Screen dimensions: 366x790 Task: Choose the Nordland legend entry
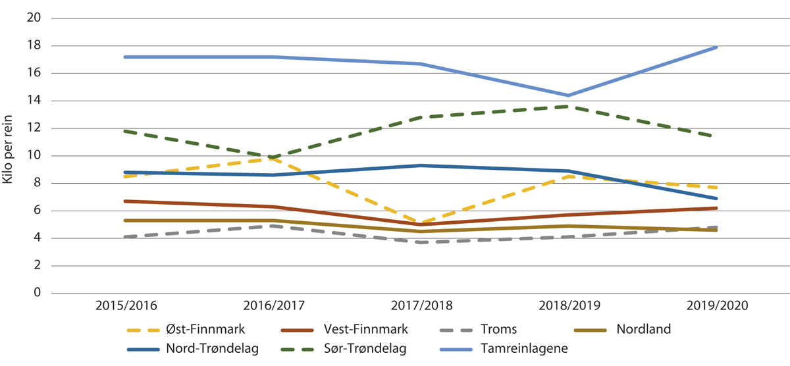click(x=643, y=328)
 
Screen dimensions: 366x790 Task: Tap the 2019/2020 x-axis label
click(x=716, y=307)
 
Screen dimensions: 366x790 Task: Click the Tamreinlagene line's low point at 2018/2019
click(x=568, y=95)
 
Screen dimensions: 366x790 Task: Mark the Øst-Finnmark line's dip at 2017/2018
click(x=420, y=223)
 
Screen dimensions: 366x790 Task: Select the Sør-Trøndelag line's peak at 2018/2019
click(x=568, y=106)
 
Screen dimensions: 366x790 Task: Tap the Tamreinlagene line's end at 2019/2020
click(x=716, y=47)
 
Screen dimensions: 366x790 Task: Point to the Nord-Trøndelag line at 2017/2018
click(x=420, y=165)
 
